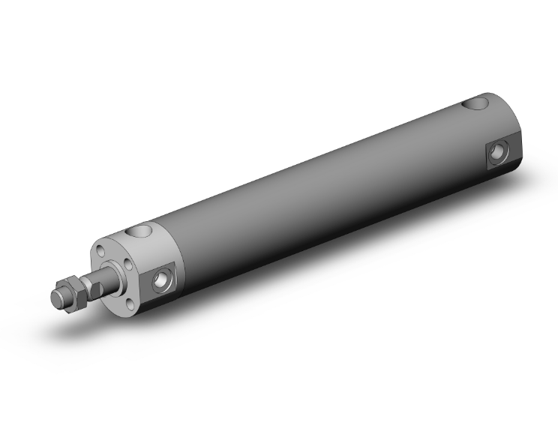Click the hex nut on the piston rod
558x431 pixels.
[69, 291]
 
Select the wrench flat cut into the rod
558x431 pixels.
[95, 285]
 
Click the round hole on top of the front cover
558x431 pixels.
[140, 231]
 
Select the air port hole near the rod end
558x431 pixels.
[161, 281]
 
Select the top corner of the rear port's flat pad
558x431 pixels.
[504, 139]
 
